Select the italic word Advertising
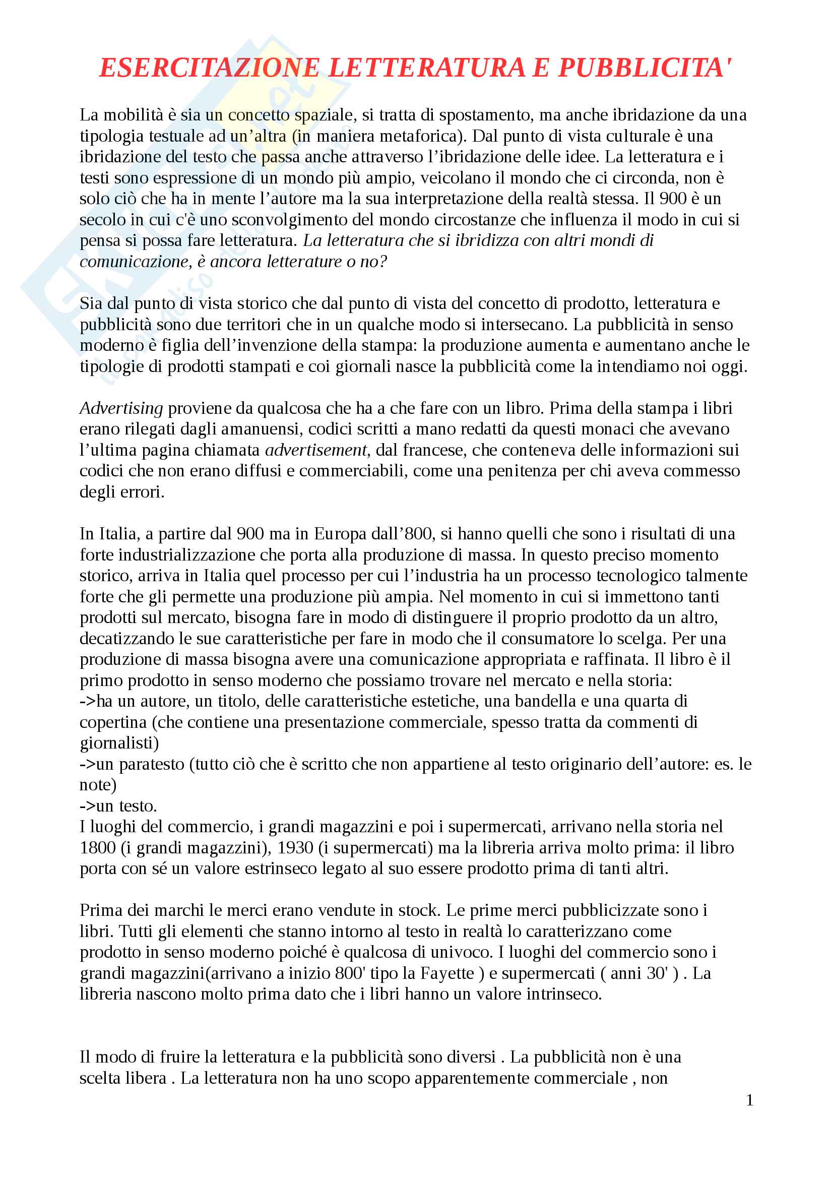121,408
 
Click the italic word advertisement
316,450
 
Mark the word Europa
341,534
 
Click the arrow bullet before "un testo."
87,805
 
